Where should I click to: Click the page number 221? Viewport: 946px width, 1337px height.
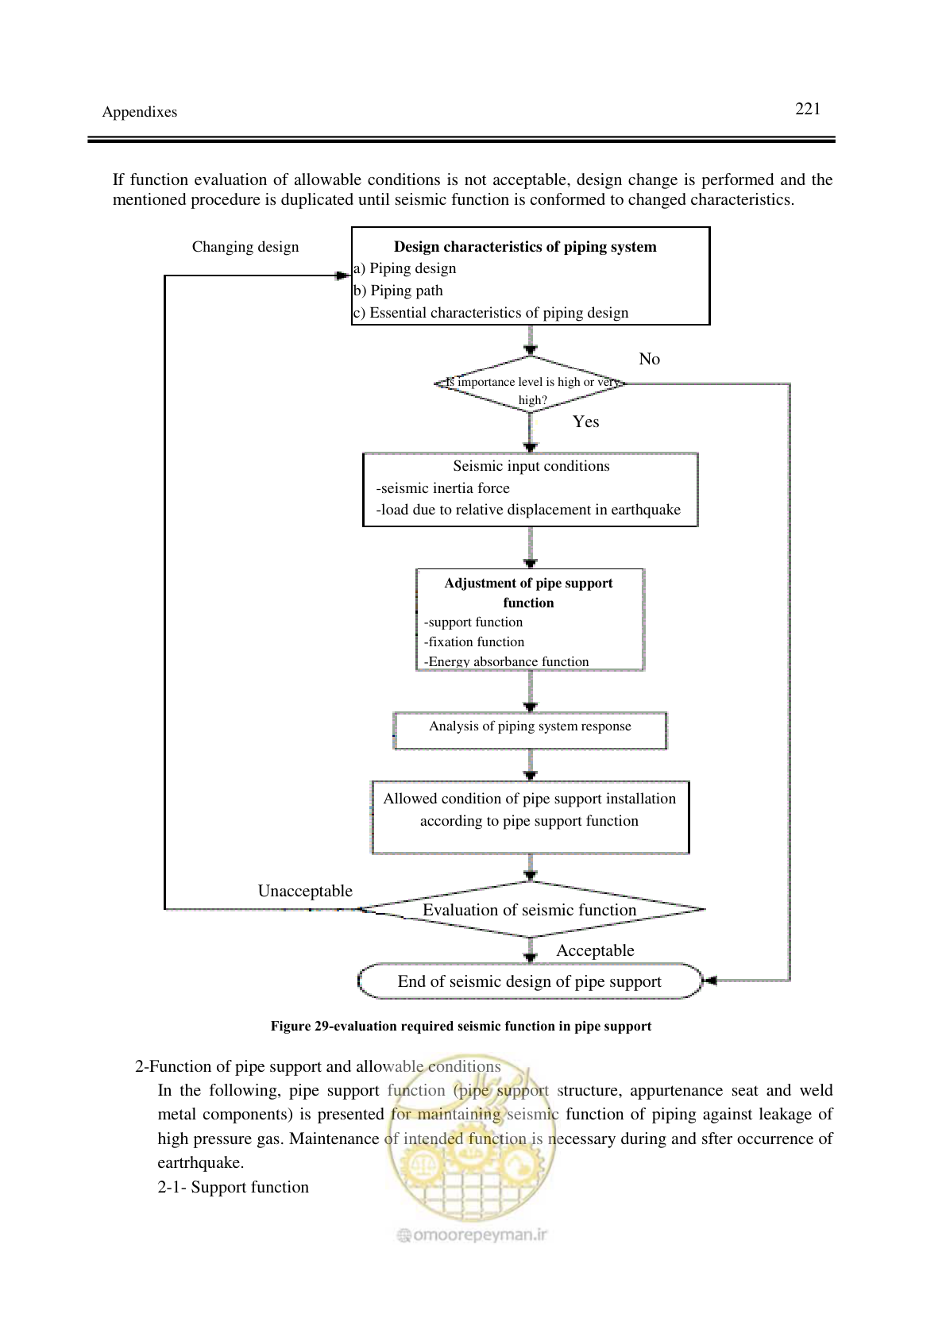pyautogui.click(x=808, y=109)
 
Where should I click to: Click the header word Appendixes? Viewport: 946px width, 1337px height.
pyautogui.click(x=140, y=112)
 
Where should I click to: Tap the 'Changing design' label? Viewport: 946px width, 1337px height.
pyautogui.click(x=245, y=247)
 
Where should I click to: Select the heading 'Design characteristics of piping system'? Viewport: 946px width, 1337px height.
pyautogui.click(x=525, y=247)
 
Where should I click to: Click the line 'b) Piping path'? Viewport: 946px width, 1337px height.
pyautogui.click(x=399, y=291)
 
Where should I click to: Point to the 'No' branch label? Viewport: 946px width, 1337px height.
pyautogui.click(x=649, y=359)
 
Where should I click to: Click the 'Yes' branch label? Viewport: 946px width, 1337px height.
pyautogui.click(x=586, y=422)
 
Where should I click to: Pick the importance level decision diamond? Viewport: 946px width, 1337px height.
pyautogui.click(x=531, y=383)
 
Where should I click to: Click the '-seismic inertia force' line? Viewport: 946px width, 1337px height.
pyautogui.click(x=442, y=488)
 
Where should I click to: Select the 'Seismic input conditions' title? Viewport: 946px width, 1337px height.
pyautogui.click(x=531, y=466)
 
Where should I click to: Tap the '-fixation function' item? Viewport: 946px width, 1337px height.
pyautogui.click(x=474, y=642)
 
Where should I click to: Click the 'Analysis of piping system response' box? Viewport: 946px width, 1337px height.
pyautogui.click(x=531, y=730)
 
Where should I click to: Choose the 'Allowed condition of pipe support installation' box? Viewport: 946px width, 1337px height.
pyautogui.click(x=531, y=817)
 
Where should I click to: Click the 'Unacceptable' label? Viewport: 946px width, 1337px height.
pyautogui.click(x=305, y=891)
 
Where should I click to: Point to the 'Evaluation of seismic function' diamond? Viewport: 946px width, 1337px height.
pyautogui.click(x=531, y=909)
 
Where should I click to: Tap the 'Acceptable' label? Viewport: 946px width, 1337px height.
pyautogui.click(x=596, y=951)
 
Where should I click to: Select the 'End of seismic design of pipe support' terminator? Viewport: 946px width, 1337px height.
pyautogui.click(x=530, y=981)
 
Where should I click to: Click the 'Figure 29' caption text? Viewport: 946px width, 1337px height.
pyautogui.click(x=461, y=1026)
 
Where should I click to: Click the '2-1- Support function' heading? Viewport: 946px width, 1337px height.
pyautogui.click(x=233, y=1187)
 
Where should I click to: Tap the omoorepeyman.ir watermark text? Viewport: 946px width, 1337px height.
pyautogui.click(x=473, y=1235)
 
